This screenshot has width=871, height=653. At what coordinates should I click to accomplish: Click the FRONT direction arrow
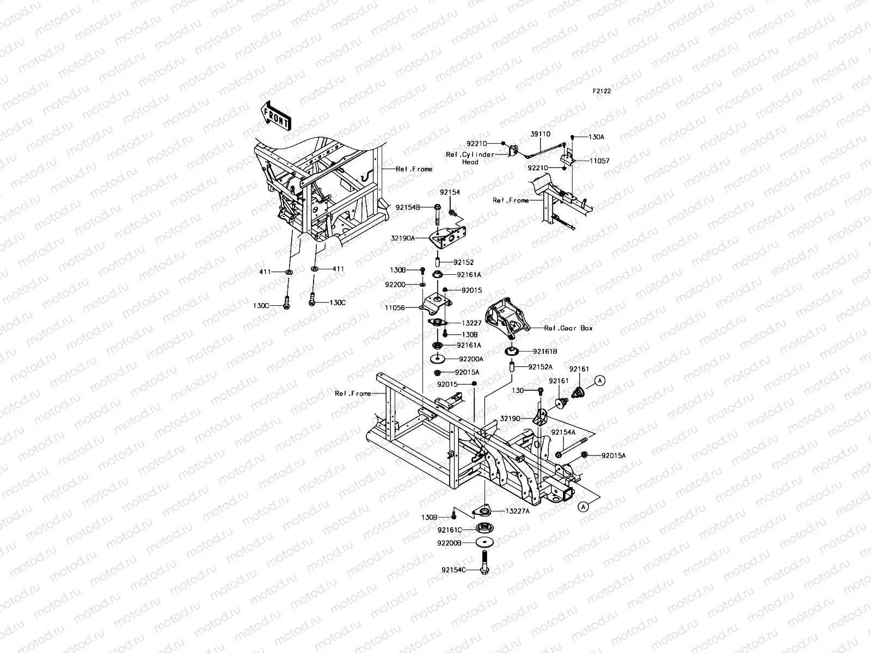click(x=276, y=116)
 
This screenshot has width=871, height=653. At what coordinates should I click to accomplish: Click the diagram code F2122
click(x=602, y=91)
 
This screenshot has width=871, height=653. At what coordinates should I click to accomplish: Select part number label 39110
click(x=541, y=134)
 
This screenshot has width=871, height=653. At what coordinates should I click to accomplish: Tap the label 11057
click(x=599, y=161)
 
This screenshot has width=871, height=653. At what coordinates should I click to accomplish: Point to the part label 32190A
click(x=403, y=238)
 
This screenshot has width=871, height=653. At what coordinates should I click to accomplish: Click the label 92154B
click(x=408, y=207)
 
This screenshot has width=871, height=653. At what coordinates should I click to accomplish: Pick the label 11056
click(x=395, y=307)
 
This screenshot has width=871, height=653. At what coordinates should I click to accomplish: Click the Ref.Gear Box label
click(x=568, y=328)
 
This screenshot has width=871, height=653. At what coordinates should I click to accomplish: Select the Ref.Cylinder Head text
click(x=470, y=158)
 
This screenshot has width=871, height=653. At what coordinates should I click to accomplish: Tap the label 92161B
click(x=545, y=352)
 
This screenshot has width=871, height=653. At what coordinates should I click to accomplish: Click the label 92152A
click(x=540, y=367)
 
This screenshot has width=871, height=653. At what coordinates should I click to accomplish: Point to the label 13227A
click(x=518, y=512)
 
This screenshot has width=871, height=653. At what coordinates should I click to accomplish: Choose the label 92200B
click(x=449, y=543)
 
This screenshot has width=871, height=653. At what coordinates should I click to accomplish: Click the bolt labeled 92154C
click(x=484, y=562)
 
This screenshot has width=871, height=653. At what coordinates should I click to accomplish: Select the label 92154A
click(x=563, y=433)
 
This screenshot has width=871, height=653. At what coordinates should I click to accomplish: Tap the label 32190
click(x=510, y=418)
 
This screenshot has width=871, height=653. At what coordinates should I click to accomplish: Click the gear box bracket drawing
click(x=508, y=318)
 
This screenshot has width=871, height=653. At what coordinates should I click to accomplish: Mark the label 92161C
click(x=450, y=530)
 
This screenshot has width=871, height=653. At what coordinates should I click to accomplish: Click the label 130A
click(x=596, y=137)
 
